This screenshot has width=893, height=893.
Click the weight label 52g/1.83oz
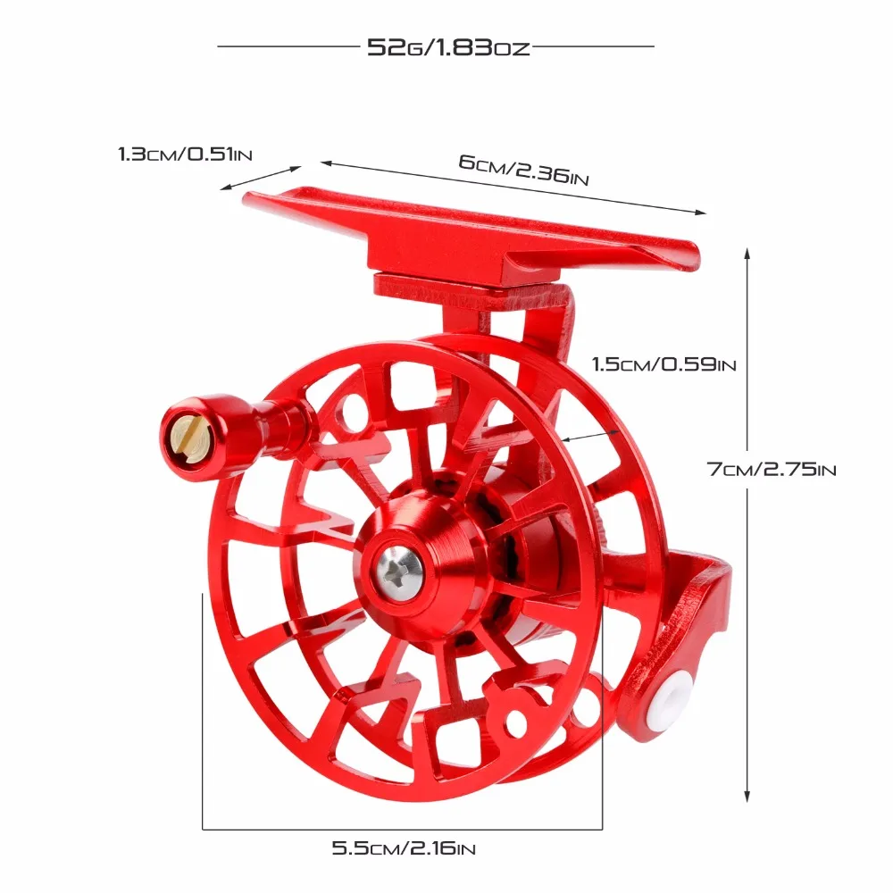click(448, 46)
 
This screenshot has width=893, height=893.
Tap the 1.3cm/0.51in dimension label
click(185, 154)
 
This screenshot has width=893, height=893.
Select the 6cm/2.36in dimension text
click(523, 170)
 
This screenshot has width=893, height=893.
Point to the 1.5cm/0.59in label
click(664, 364)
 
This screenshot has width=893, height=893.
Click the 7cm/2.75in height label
click(772, 470)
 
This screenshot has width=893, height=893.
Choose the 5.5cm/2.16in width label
click(404, 848)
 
